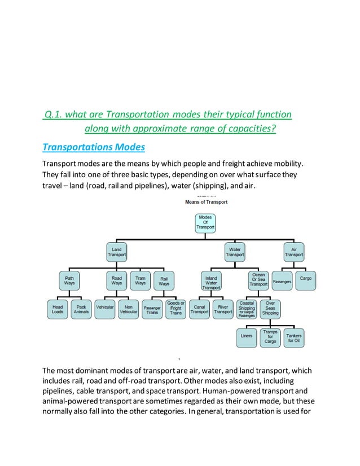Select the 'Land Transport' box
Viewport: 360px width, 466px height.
click(x=117, y=252)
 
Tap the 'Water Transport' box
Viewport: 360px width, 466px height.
click(x=235, y=252)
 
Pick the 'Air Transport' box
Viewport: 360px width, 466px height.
click(x=294, y=252)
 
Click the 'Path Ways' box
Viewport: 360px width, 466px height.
click(x=69, y=280)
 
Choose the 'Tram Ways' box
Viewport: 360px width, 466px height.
click(x=141, y=280)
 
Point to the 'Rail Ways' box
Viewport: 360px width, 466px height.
click(x=164, y=280)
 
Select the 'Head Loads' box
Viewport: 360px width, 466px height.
click(x=58, y=310)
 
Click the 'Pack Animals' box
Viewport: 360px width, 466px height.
click(x=81, y=310)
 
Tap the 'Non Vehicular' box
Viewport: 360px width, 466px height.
click(x=129, y=310)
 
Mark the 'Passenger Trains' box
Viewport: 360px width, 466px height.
click(x=152, y=310)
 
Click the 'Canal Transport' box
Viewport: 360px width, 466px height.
click(x=200, y=310)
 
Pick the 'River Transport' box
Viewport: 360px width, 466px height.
click(x=223, y=310)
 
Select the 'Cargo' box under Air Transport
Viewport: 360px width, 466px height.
click(x=306, y=279)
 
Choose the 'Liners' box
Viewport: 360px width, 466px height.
click(x=247, y=336)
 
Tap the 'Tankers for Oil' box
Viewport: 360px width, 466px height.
click(x=294, y=337)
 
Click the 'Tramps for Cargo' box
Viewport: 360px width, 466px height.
click(x=270, y=337)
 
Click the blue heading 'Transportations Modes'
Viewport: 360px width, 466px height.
click(x=94, y=147)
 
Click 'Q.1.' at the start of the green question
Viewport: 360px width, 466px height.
click(x=54, y=115)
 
